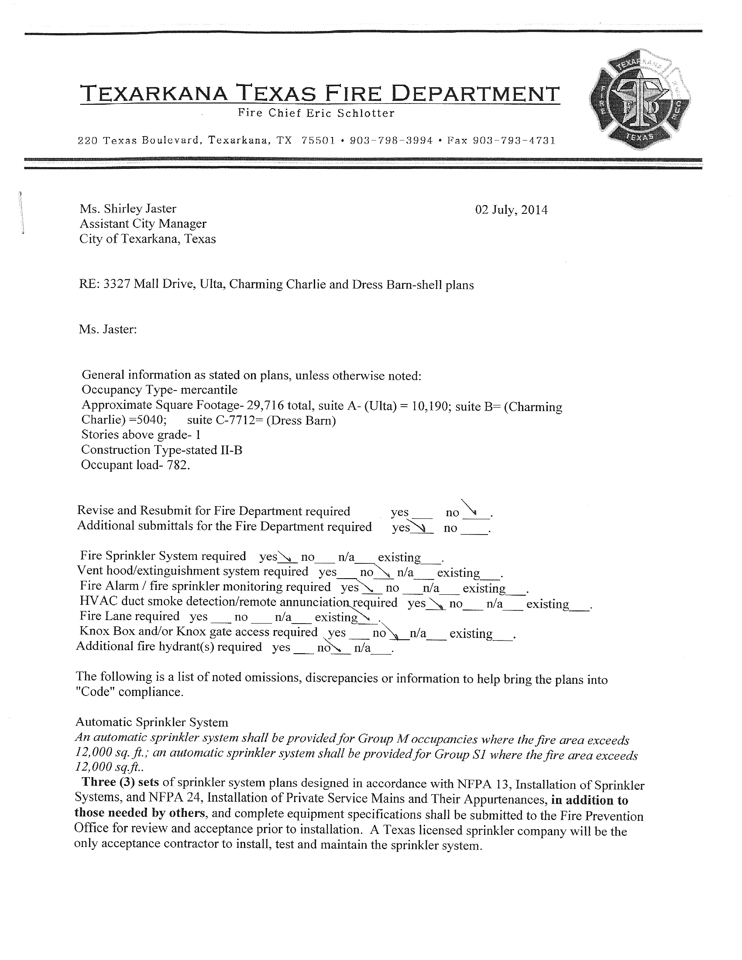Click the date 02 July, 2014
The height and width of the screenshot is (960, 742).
[x=511, y=210]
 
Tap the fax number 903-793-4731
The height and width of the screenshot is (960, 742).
[x=514, y=141]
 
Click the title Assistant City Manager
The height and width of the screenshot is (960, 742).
[x=143, y=224]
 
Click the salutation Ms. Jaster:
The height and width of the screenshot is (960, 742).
[x=108, y=329]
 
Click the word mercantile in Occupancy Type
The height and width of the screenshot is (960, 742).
[x=209, y=390]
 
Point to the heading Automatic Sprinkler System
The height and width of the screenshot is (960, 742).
[x=151, y=722]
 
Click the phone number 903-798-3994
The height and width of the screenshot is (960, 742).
[x=391, y=141]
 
